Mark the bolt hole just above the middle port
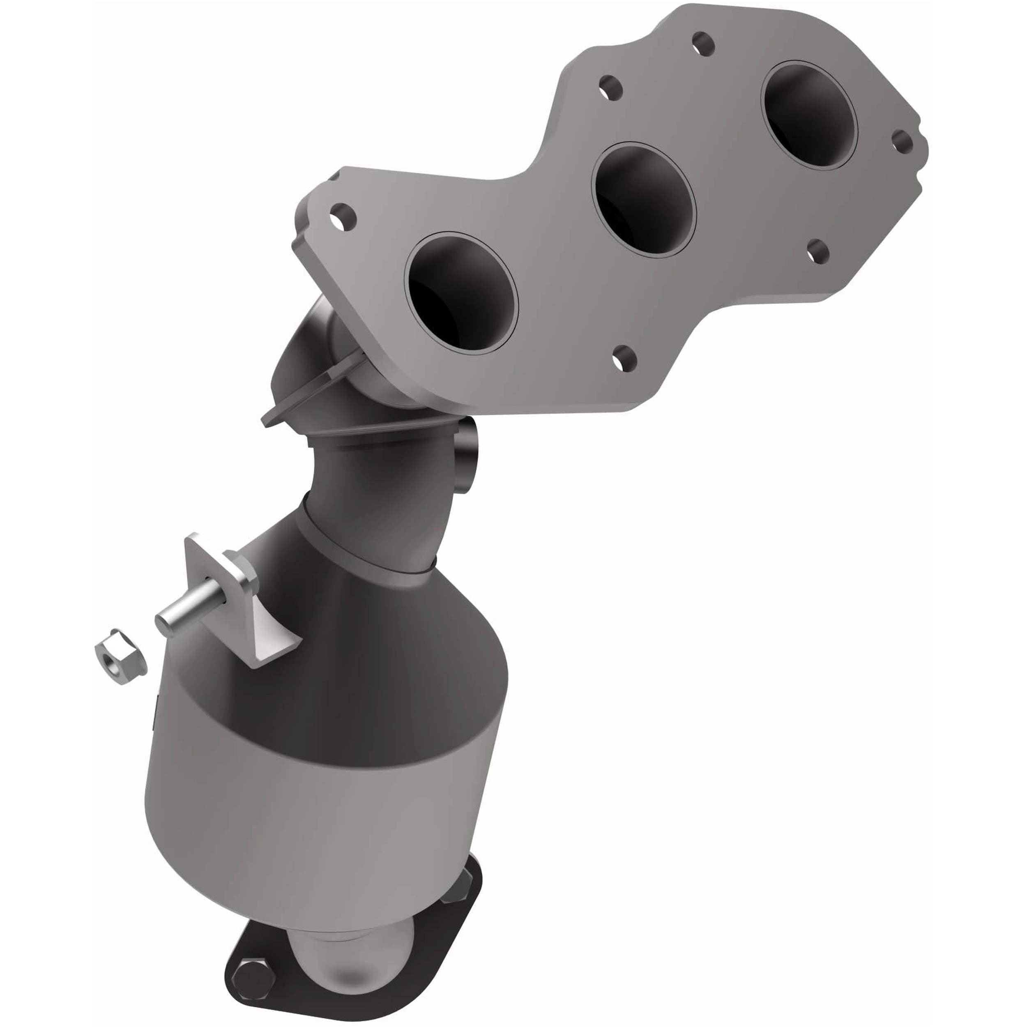[611, 88]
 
